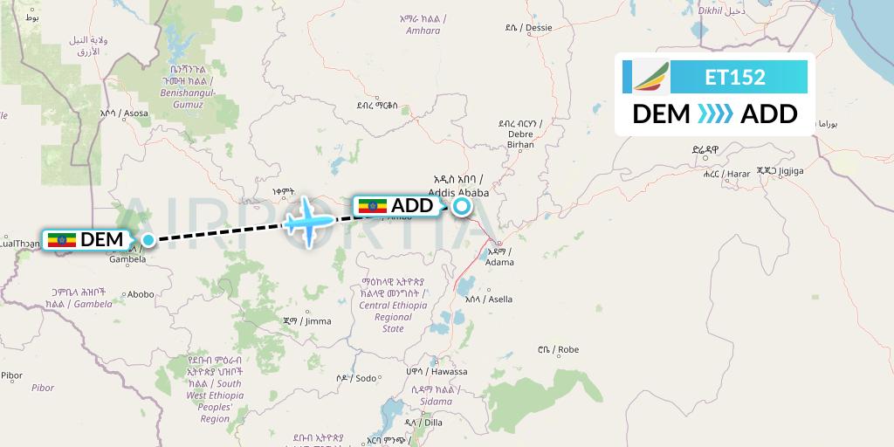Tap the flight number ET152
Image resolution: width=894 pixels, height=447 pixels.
pyautogui.click(x=735, y=77)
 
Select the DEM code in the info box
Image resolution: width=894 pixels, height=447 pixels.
pyautogui.click(x=660, y=114)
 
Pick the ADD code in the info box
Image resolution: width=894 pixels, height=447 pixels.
pyautogui.click(x=768, y=114)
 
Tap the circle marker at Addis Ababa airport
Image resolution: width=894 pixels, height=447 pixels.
pyautogui.click(x=460, y=207)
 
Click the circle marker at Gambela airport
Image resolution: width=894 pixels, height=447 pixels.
pyautogui.click(x=149, y=239)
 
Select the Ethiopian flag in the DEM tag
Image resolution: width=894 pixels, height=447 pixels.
pyautogui.click(x=62, y=239)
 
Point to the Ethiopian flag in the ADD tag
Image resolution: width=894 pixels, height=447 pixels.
pyautogui.click(x=373, y=206)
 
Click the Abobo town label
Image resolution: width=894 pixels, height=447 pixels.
pyautogui.click(x=141, y=295)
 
